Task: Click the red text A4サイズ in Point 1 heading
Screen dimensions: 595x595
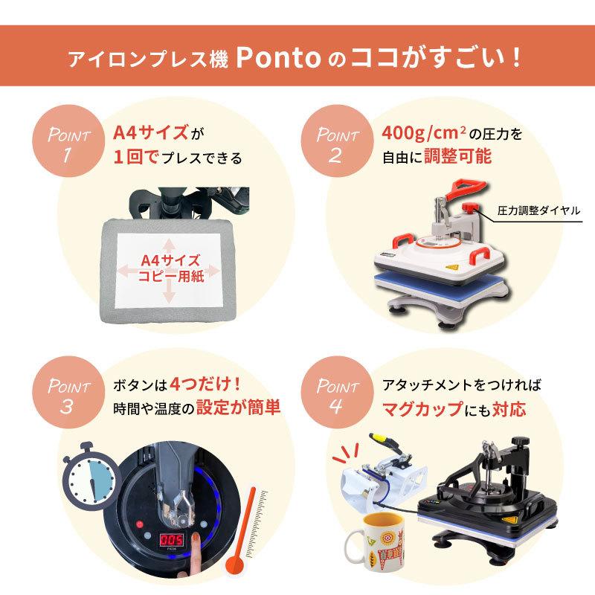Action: [150, 134]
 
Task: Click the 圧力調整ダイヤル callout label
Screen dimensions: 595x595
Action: [540, 210]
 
